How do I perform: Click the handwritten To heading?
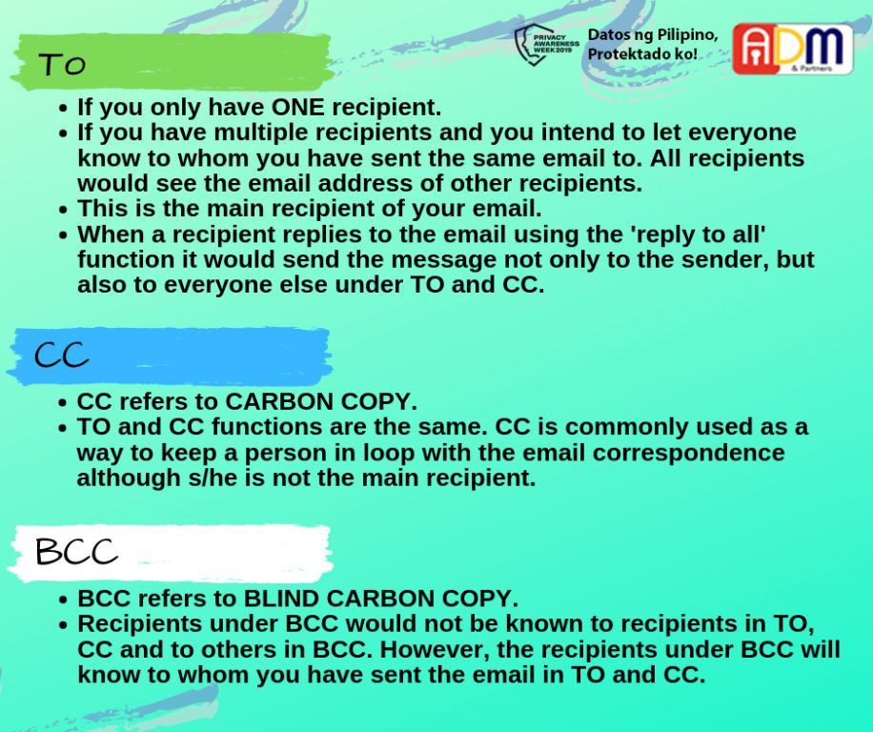(x=62, y=64)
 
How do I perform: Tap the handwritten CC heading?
(x=61, y=355)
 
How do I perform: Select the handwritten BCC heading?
(x=76, y=552)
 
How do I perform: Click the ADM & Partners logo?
(x=792, y=49)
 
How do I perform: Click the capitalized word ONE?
(x=298, y=107)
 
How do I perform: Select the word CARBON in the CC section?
(x=279, y=401)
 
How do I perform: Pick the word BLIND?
(x=282, y=599)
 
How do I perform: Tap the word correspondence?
(x=688, y=452)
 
